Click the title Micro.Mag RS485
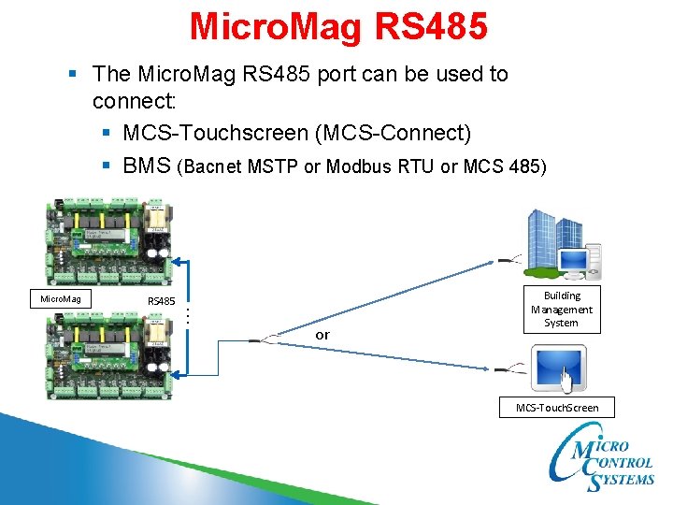[338, 26]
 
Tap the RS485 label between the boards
[162, 300]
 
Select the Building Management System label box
[562, 310]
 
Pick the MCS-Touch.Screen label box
[557, 407]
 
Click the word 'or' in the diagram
[322, 334]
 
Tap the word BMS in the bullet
[145, 166]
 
